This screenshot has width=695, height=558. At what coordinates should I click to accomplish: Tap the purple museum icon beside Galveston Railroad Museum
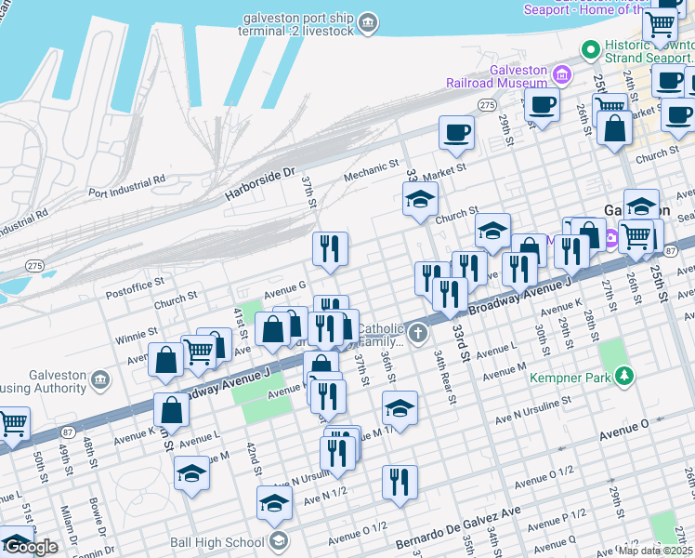560,73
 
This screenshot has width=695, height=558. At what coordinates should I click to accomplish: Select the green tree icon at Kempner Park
626,376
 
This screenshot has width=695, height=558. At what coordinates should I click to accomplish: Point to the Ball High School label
216,541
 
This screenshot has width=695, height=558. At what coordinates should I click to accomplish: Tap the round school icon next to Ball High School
277,541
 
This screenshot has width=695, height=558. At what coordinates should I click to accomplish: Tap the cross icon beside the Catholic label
419,332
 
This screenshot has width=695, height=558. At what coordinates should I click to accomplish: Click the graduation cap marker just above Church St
420,199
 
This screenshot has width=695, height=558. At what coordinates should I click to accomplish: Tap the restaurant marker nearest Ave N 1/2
399,482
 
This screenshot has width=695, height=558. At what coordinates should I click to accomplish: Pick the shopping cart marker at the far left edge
11,424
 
